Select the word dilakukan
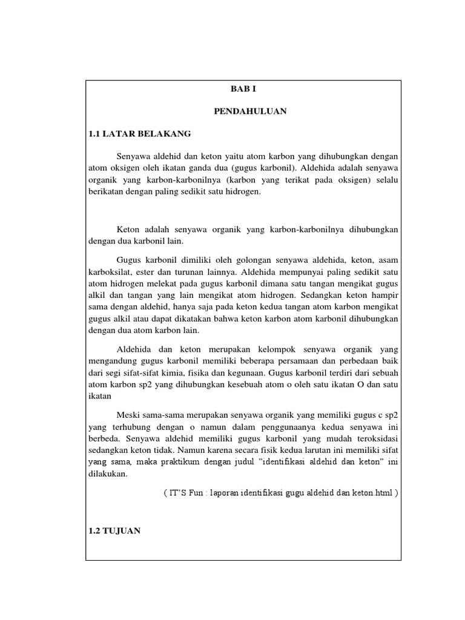(x=107, y=475)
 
